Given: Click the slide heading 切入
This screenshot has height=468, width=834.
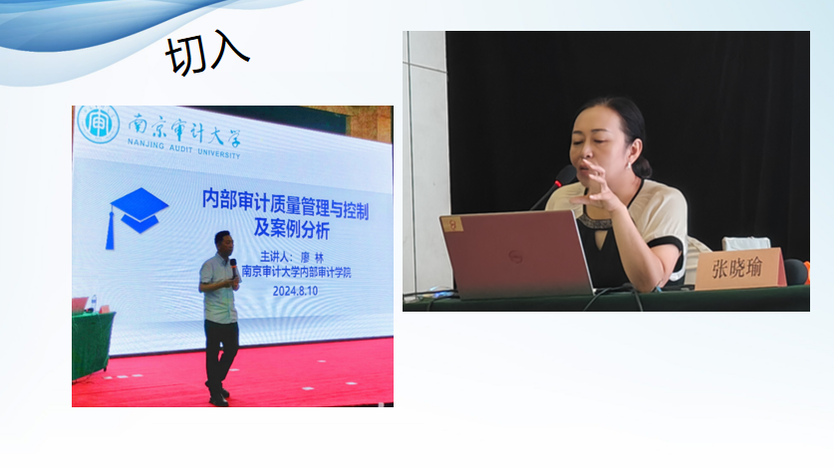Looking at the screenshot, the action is click(207, 54).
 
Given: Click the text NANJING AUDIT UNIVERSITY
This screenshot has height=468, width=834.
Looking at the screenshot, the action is click(183, 149).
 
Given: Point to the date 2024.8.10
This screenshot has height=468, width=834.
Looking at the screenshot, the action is click(295, 291).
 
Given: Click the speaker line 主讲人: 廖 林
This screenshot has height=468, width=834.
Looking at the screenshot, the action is click(292, 257).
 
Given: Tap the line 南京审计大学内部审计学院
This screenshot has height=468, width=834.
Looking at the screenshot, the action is click(296, 272).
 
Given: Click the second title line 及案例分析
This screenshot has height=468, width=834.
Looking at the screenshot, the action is click(292, 229).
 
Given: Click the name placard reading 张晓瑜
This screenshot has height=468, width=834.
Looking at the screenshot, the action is click(740, 268).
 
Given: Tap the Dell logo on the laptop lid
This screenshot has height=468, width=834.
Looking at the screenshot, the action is click(515, 257).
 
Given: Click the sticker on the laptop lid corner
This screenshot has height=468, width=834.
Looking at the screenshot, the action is click(452, 224).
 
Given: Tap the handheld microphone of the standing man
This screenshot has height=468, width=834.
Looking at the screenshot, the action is click(233, 267).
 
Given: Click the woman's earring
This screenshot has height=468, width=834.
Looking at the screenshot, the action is click(631, 165).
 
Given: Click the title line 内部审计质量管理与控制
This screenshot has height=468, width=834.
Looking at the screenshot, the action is click(285, 204).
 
